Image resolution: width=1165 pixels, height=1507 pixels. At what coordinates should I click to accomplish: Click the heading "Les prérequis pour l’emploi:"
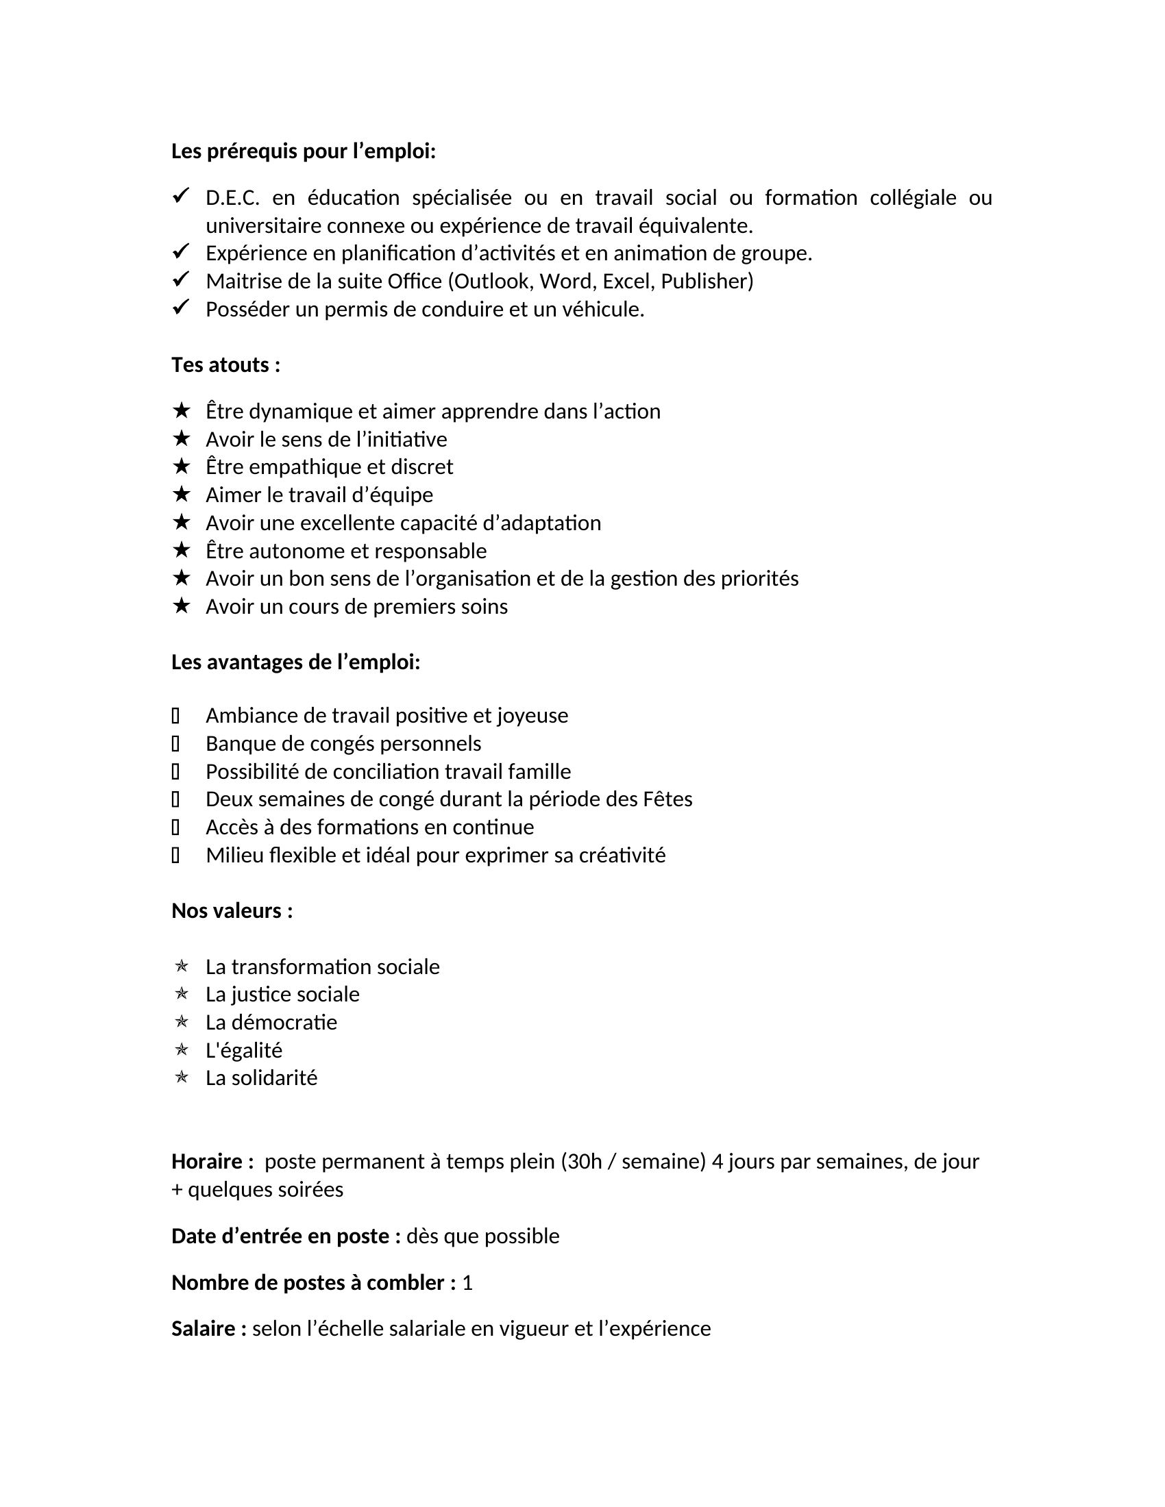tap(303, 151)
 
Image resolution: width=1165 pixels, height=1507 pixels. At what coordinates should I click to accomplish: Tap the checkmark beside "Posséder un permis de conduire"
tap(181, 308)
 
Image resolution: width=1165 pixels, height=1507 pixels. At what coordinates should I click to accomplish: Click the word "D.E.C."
tap(232, 198)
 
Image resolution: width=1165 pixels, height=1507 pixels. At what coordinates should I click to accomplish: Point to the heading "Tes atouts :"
tap(225, 365)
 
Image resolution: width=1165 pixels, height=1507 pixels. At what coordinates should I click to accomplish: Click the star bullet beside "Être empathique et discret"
tap(181, 466)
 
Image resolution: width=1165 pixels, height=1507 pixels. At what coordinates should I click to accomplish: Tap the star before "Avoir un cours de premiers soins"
tap(181, 606)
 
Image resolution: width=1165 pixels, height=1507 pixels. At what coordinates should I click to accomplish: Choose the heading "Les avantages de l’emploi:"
tap(295, 662)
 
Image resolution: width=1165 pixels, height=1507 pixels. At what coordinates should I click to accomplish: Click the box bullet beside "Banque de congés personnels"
tap(175, 743)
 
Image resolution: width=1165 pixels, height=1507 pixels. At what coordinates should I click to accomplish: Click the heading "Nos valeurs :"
tap(232, 911)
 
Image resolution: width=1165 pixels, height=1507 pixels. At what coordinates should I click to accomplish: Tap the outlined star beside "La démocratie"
tap(182, 1021)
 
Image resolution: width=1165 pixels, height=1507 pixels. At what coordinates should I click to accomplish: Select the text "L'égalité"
tap(244, 1050)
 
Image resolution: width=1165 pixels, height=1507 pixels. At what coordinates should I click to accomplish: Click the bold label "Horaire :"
tap(212, 1161)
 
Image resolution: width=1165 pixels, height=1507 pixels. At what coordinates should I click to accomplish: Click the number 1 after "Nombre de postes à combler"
tap(467, 1283)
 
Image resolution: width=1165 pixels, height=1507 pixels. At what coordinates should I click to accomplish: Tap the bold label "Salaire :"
tap(208, 1329)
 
